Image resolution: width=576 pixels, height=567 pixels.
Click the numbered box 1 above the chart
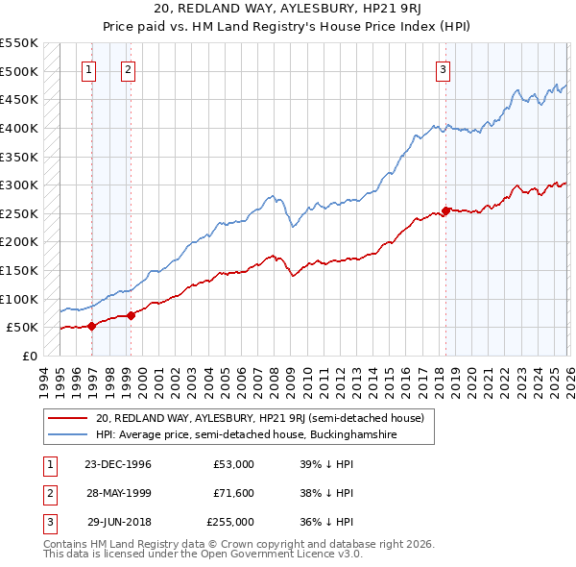click(89, 68)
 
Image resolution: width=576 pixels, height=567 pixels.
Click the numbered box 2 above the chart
click(128, 68)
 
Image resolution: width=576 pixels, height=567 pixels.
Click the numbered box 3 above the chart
click(443, 68)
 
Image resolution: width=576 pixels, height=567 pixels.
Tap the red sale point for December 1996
click(92, 326)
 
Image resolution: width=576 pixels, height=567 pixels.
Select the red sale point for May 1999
click(131, 315)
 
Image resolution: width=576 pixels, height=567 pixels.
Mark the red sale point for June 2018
click(446, 210)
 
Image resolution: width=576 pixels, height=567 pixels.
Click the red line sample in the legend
click(67, 417)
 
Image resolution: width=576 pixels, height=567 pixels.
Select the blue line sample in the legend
click(67, 434)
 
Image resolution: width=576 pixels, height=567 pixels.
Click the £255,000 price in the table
click(230, 522)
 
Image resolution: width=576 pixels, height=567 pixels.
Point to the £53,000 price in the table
click(233, 464)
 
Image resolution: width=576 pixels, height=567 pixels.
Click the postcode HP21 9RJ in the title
click(397, 8)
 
